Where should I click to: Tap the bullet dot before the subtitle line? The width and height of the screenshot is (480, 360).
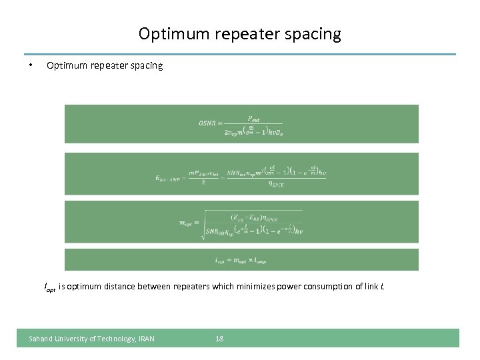(31, 65)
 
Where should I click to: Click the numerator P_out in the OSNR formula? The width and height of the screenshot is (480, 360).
(254, 118)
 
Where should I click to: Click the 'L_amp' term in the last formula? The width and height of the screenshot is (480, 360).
(257, 261)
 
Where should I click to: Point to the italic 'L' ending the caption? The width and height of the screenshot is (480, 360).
(382, 287)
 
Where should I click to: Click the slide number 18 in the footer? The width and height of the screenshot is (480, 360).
(219, 339)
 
